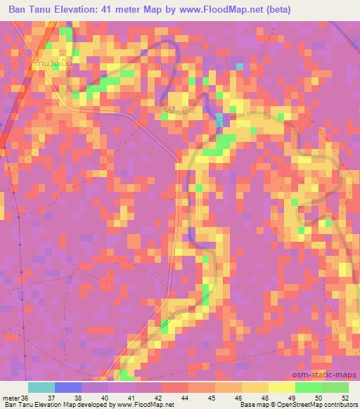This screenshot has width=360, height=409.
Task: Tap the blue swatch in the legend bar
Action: coord(67,387)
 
